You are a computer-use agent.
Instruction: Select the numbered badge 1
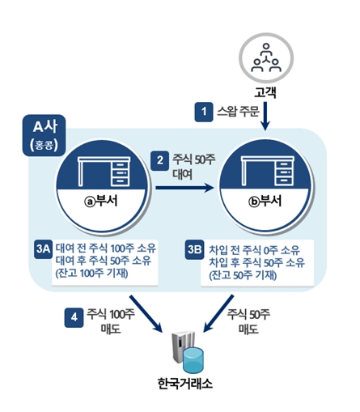point(203,110)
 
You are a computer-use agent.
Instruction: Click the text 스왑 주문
point(238,111)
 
